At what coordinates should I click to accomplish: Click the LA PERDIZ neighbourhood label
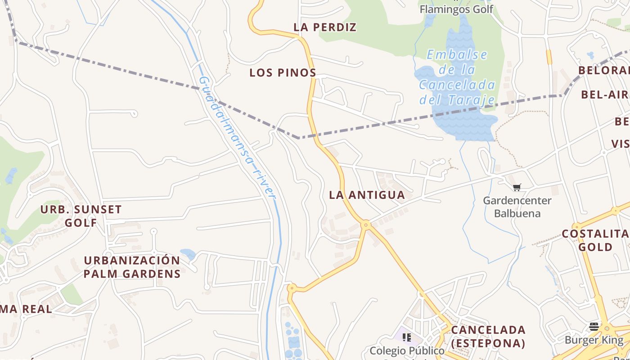[325, 27]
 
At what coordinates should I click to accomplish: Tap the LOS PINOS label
[283, 72]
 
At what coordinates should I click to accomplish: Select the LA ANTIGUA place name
[367, 195]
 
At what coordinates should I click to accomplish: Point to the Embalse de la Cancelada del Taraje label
[457, 77]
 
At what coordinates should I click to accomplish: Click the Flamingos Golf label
[456, 9]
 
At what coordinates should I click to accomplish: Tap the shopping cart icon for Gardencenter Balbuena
[517, 187]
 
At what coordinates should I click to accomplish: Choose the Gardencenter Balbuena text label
[517, 207]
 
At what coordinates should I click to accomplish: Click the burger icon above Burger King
[594, 326]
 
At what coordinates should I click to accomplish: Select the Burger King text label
[594, 340]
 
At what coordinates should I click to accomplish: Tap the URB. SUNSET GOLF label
[81, 216]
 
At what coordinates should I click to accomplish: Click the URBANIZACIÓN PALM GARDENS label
[132, 267]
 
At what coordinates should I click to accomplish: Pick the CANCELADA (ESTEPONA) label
[488, 336]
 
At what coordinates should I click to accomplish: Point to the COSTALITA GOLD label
[596, 240]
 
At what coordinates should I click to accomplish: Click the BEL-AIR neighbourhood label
[604, 94]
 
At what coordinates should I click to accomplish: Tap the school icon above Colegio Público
[407, 337]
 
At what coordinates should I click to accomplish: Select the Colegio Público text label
[407, 351]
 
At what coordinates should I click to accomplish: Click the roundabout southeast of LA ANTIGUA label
[366, 224]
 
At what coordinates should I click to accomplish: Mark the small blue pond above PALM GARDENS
[188, 253]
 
